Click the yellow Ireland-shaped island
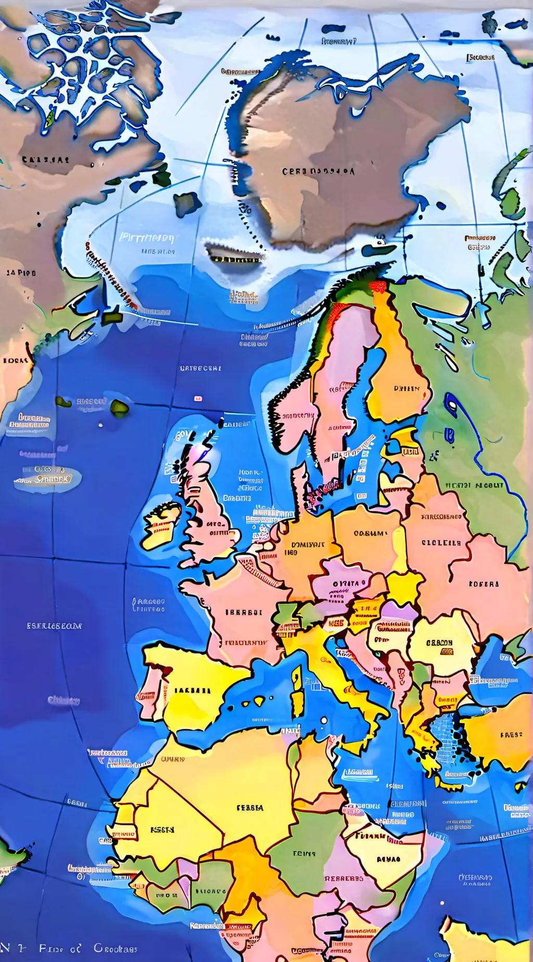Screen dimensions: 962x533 (160, 526)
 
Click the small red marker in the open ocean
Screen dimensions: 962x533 (198, 399)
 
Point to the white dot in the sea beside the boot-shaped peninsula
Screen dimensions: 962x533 (324, 721)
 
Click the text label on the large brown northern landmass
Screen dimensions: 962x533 (318, 171)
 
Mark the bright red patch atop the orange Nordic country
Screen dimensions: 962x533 (378, 287)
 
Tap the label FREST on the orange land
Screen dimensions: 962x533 (511, 735)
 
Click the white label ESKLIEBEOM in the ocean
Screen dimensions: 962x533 (54, 626)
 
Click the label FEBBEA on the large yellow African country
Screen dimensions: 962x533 (250, 808)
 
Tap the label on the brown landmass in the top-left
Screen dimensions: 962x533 (45, 160)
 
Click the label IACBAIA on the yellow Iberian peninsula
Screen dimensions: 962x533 (192, 690)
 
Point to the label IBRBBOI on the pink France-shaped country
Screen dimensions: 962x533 (244, 612)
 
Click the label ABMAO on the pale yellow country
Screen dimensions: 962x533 (388, 859)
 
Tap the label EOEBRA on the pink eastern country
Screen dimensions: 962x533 (484, 584)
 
